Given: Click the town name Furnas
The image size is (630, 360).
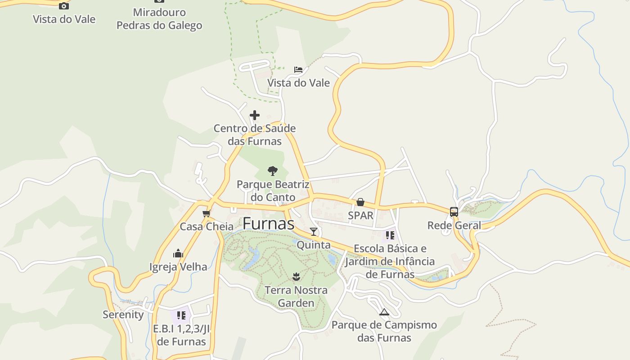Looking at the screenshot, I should [268, 224].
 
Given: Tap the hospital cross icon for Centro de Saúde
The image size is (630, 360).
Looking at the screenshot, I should [255, 115].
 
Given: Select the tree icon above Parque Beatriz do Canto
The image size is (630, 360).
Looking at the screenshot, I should [272, 171].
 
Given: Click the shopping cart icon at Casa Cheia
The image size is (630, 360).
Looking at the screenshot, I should [207, 213].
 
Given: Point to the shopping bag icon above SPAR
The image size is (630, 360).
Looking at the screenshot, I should [360, 202].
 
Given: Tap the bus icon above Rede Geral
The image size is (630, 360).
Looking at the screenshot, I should [454, 212].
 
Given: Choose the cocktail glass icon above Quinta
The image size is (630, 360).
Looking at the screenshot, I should [314, 232].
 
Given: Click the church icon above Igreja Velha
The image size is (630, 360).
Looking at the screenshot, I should [178, 253].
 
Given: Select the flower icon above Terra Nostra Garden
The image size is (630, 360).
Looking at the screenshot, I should [296, 276].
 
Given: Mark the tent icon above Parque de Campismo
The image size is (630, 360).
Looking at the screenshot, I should [384, 311].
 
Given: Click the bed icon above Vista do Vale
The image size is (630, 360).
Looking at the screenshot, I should [298, 69].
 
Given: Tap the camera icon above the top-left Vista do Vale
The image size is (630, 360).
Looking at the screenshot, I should [64, 6].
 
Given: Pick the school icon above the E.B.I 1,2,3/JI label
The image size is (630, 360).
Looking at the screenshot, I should [181, 315].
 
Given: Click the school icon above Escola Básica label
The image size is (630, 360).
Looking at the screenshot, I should [390, 235].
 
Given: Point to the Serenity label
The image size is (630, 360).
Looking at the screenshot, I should [123, 315].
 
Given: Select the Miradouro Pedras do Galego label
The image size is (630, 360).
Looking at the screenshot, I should [159, 19].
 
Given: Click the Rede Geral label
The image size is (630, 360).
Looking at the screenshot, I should [454, 225].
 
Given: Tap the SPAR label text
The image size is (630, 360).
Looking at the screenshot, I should [360, 216].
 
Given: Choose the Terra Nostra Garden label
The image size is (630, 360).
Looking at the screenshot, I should [296, 297].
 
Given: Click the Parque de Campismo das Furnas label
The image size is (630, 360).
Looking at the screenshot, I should [384, 331].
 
